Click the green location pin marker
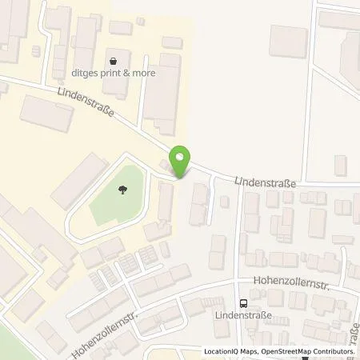[x=181, y=162]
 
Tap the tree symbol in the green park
[x=122, y=190]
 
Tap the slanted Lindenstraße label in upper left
[x=86, y=104]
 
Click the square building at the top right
[x=288, y=42]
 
